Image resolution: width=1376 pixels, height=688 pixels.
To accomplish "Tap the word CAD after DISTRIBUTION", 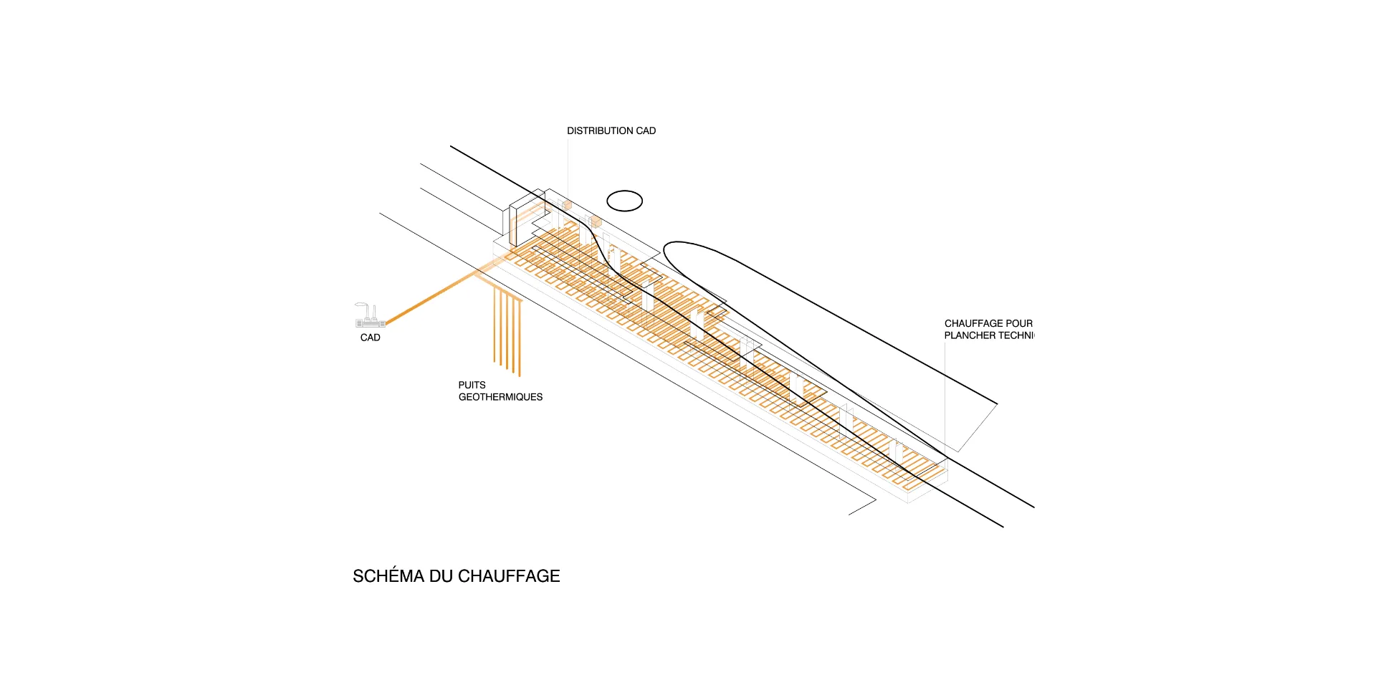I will [x=646, y=131].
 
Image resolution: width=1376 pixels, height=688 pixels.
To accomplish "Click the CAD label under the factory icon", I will [x=370, y=338].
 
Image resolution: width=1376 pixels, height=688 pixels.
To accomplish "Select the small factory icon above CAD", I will [x=370, y=315].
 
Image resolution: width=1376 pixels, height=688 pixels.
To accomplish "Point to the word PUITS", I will [x=472, y=386].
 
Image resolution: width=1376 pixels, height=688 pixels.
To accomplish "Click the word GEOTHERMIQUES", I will [x=500, y=397].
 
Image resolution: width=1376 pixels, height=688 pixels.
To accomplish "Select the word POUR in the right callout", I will [x=1019, y=324].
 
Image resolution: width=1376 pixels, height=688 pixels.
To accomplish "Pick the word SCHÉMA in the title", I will [x=388, y=576].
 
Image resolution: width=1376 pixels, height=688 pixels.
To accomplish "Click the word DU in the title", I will [x=441, y=576].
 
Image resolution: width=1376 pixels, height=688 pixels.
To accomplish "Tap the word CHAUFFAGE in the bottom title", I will [x=509, y=576].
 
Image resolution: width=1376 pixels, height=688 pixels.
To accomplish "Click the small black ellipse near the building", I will [x=624, y=201].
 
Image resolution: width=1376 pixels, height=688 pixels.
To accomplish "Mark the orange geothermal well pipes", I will [x=507, y=330].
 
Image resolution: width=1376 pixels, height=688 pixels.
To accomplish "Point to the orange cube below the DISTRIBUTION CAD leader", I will [x=567, y=206].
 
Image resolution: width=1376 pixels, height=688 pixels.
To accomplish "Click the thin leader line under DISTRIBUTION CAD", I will [x=568, y=168].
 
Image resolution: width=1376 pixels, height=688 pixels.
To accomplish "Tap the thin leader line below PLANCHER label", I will [x=945, y=394].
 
